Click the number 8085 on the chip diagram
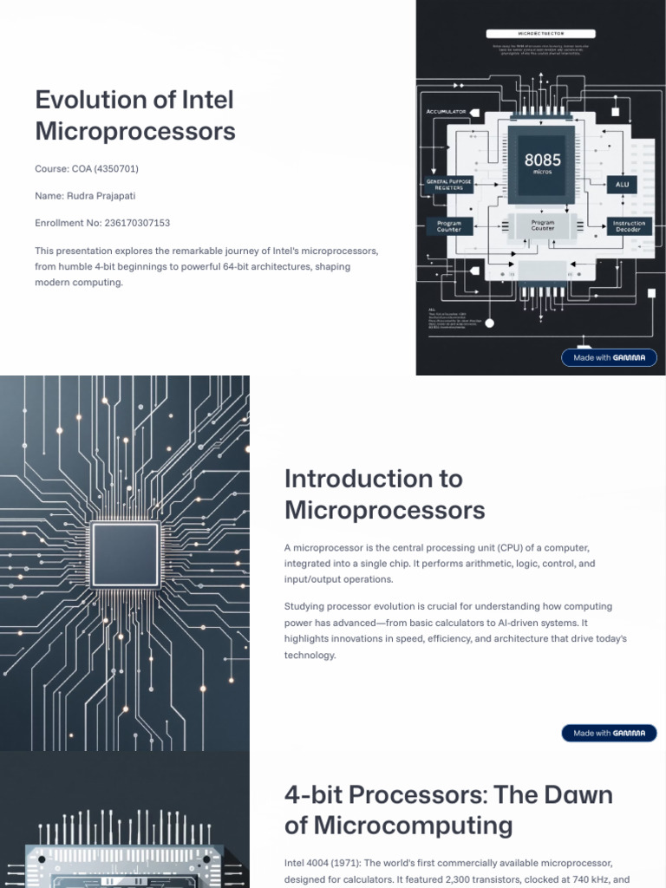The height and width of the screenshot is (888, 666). click(x=542, y=160)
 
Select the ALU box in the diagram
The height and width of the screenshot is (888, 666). click(x=622, y=185)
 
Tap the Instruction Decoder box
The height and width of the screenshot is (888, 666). click(x=628, y=226)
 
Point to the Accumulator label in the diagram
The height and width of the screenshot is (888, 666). click(x=447, y=112)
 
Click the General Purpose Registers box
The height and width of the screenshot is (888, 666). click(x=449, y=184)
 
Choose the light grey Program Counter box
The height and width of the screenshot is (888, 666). click(x=543, y=225)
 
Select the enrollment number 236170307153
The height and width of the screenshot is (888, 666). click(x=128, y=224)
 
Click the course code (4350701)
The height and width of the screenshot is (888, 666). click(x=116, y=168)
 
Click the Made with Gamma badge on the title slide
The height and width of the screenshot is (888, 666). click(x=609, y=357)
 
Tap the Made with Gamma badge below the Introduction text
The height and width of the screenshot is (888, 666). click(x=609, y=734)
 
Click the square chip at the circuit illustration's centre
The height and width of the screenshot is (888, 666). click(x=126, y=555)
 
